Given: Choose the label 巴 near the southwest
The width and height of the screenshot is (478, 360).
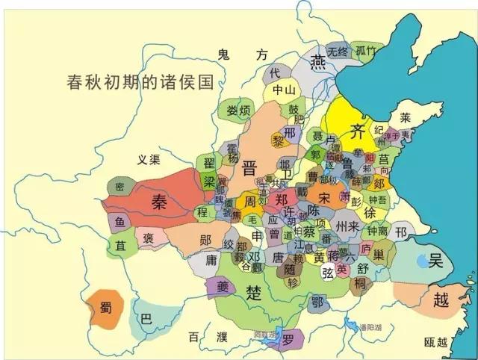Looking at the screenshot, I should pyautogui.click(x=146, y=319).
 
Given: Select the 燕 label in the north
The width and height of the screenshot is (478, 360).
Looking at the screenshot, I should pyautogui.click(x=319, y=61).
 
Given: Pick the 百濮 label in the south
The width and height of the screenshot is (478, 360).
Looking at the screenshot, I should pyautogui.click(x=207, y=338).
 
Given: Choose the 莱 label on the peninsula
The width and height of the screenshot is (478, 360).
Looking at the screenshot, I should pyautogui.click(x=405, y=117).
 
